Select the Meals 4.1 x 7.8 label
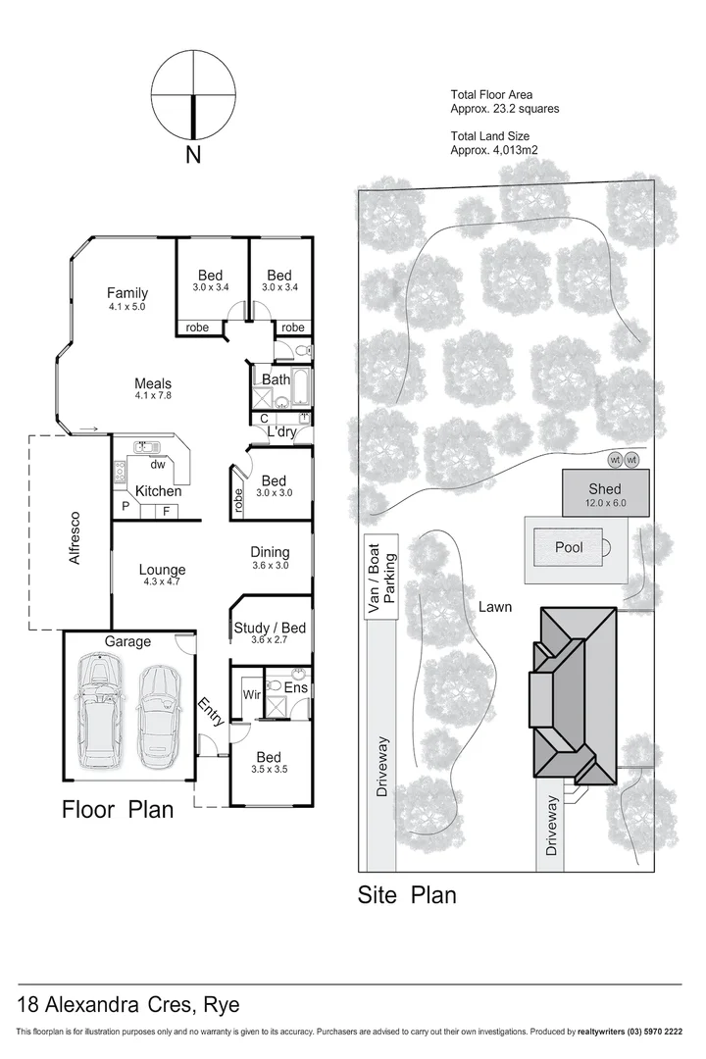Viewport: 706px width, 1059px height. (153, 389)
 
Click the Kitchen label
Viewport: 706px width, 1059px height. (158, 490)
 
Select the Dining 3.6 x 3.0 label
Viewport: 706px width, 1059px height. (271, 558)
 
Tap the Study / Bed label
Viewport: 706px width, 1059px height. (270, 633)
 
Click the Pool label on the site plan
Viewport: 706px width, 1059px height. (569, 547)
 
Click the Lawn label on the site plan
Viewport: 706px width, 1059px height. (495, 607)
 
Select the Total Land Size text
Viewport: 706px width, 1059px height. (495, 143)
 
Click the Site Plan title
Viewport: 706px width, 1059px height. (407, 894)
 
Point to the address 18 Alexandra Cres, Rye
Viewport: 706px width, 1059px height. (128, 1005)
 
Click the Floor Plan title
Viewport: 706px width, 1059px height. (118, 810)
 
